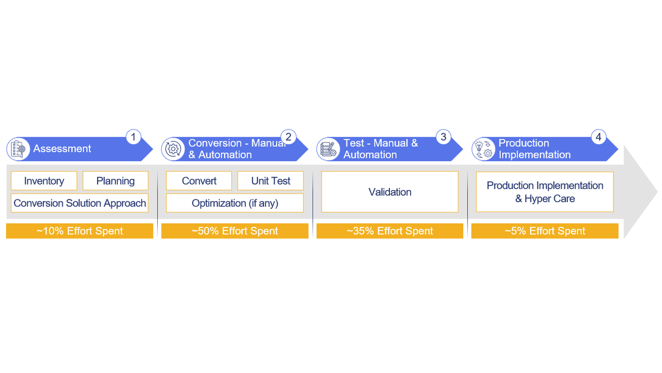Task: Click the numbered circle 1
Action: pyautogui.click(x=133, y=137)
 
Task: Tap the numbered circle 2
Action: pyautogui.click(x=289, y=137)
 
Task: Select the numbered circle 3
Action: pyautogui.click(x=443, y=137)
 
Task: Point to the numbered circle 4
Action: pyautogui.click(x=598, y=137)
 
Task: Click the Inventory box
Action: pyautogui.click(x=44, y=181)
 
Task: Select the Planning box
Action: pyautogui.click(x=115, y=181)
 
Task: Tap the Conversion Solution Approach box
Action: pyautogui.click(x=80, y=203)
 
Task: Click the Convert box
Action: pyautogui.click(x=199, y=181)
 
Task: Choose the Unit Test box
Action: pyautogui.click(x=270, y=181)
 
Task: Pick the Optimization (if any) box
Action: pyautogui.click(x=235, y=203)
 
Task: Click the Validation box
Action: pyautogui.click(x=390, y=192)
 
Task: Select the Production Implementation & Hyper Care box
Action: pyautogui.click(x=545, y=192)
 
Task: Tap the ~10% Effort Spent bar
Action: pyautogui.click(x=80, y=231)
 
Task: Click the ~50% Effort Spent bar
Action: pyautogui.click(x=235, y=231)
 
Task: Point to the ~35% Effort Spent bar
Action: pyautogui.click(x=390, y=231)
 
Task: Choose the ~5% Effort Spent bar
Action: pyautogui.click(x=545, y=231)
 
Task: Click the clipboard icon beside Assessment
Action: pyautogui.click(x=18, y=149)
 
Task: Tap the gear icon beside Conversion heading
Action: pyautogui.click(x=173, y=149)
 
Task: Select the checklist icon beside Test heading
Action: pyautogui.click(x=328, y=149)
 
